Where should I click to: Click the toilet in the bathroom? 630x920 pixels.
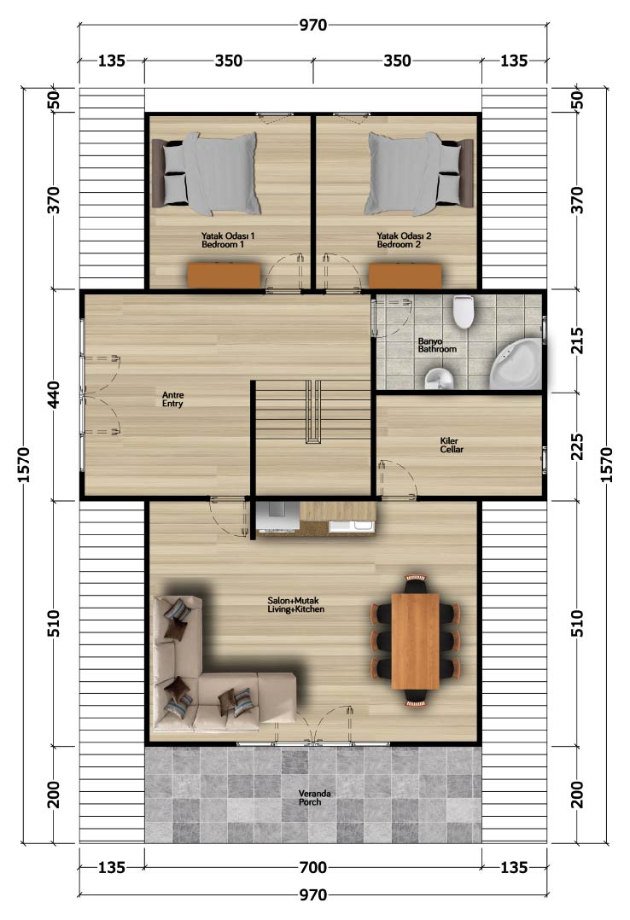click(464, 311)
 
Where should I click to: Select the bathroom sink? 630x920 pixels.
click(439, 379)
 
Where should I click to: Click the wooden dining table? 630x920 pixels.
click(415, 641)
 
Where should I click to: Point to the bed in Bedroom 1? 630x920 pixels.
click(206, 173)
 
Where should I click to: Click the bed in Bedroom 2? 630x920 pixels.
click(419, 173)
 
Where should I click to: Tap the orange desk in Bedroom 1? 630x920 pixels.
click(224, 276)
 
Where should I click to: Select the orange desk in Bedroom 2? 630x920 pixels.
click(405, 276)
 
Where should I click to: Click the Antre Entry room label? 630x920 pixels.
click(173, 399)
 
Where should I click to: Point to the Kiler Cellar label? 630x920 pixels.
click(452, 445)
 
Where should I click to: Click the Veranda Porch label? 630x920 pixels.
click(314, 798)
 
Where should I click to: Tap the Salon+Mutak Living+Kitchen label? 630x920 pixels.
click(296, 605)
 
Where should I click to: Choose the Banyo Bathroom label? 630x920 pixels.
click(437, 345)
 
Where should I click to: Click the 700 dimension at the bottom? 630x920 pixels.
click(313, 867)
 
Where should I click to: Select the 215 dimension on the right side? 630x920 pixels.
click(578, 341)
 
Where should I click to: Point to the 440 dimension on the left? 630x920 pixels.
click(53, 395)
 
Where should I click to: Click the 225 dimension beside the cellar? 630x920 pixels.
click(578, 447)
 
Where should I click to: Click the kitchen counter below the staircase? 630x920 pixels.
click(316, 517)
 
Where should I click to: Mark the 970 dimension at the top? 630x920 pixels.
click(313, 26)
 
